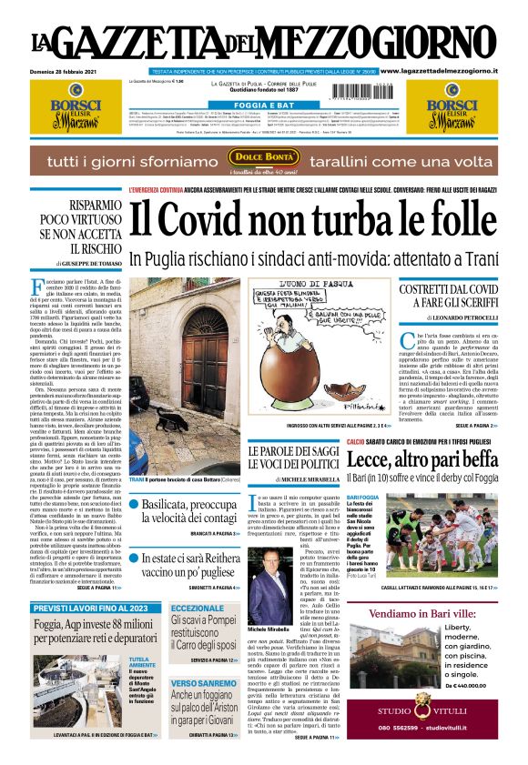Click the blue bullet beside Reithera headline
point(135,557)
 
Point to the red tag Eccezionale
point(197,609)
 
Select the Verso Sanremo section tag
point(203,682)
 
